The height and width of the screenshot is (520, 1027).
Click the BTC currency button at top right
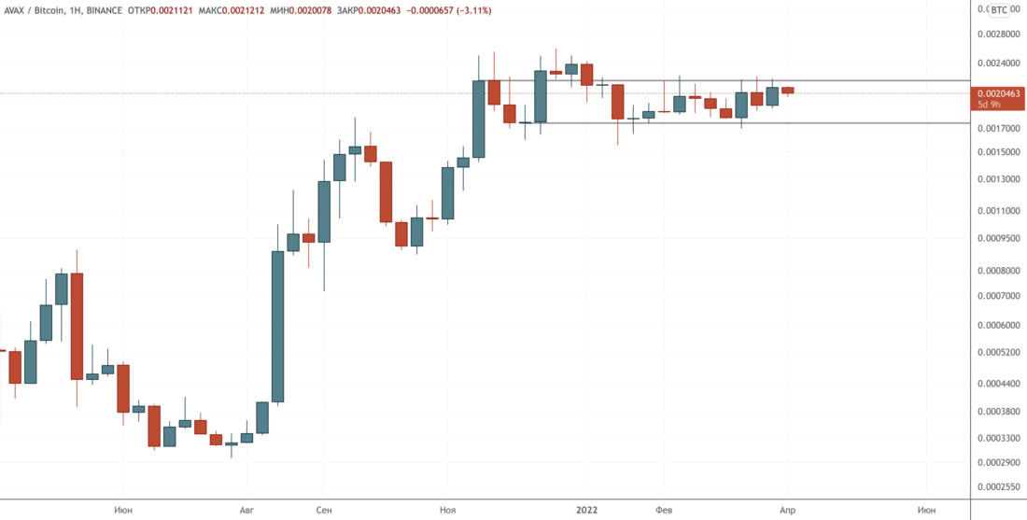[1000, 9]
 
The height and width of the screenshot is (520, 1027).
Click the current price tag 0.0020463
[999, 94]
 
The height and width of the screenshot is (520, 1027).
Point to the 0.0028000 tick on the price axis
[999, 34]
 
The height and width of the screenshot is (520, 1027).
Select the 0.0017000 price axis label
[999, 128]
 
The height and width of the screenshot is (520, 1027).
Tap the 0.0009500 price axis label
[999, 238]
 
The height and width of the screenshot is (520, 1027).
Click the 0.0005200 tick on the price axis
[999, 353]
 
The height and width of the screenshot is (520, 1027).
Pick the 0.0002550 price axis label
[999, 487]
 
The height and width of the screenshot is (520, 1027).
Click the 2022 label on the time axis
[586, 510]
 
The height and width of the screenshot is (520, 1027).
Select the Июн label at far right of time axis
[927, 510]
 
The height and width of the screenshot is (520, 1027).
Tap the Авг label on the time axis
[246, 510]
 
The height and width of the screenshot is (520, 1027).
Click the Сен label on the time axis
[323, 510]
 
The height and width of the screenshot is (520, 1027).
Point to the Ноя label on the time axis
[448, 510]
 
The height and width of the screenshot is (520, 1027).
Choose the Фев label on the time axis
[664, 510]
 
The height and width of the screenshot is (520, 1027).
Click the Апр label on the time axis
[787, 510]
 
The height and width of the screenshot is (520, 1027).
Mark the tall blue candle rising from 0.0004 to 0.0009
[277, 327]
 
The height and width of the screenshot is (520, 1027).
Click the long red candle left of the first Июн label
[77, 326]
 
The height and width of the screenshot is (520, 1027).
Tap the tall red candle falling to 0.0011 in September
[385, 191]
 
